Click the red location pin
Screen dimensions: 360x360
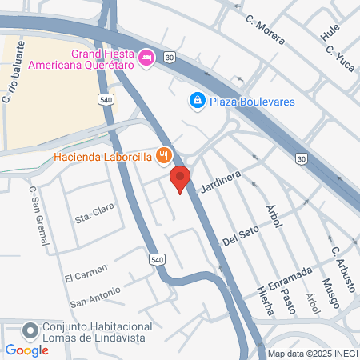click(x=180, y=178)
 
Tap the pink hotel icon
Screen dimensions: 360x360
click(x=146, y=58)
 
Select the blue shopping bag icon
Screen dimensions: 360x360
click(x=197, y=101)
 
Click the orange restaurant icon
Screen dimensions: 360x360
click(x=164, y=155)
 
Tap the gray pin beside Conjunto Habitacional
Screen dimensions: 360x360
click(x=30, y=330)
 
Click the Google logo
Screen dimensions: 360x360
click(x=26, y=350)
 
